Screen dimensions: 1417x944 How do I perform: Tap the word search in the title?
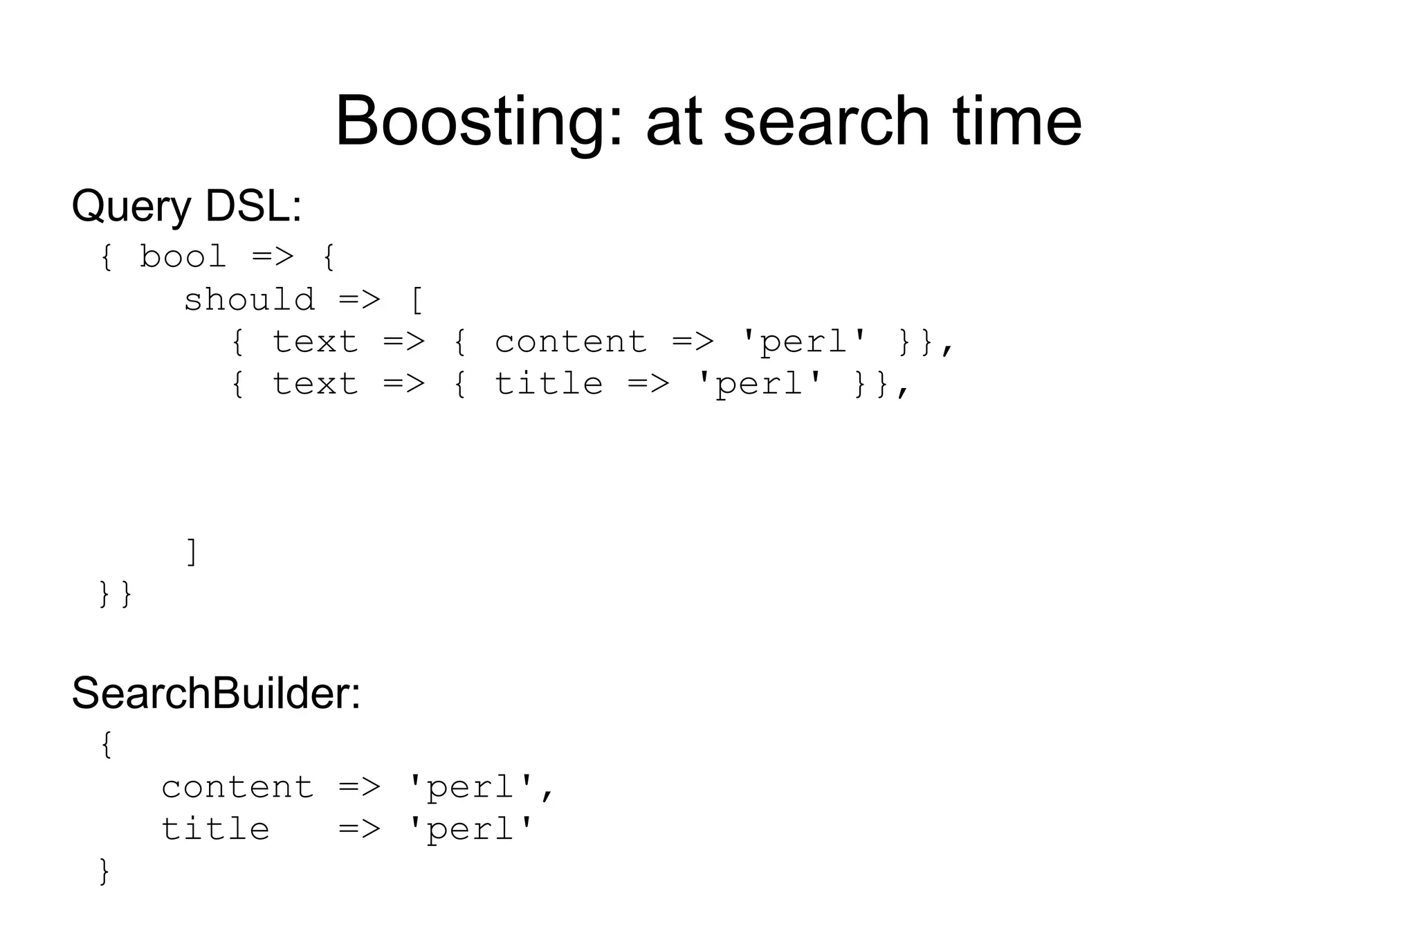pos(826,122)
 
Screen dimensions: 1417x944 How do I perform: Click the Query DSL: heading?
pos(187,206)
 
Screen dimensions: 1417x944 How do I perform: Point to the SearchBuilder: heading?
pos(216,693)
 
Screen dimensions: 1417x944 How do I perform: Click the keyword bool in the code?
pos(183,257)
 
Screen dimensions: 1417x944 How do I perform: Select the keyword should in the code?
pos(249,300)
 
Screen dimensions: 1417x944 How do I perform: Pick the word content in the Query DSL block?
pos(571,342)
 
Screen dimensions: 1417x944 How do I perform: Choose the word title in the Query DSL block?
pos(549,385)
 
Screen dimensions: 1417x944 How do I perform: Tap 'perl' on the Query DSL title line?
pos(759,385)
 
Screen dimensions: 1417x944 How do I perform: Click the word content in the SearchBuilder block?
pos(237,788)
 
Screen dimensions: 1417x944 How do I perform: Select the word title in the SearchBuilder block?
pos(215,829)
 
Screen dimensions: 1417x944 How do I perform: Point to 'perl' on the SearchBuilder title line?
pos(470,829)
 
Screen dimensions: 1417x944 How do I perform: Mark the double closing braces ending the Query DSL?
pos(116,594)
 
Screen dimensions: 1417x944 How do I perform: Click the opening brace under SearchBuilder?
pos(106,746)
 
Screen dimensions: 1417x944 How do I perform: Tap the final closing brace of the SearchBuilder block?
pos(104,871)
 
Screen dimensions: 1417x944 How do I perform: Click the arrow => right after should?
pos(360,300)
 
